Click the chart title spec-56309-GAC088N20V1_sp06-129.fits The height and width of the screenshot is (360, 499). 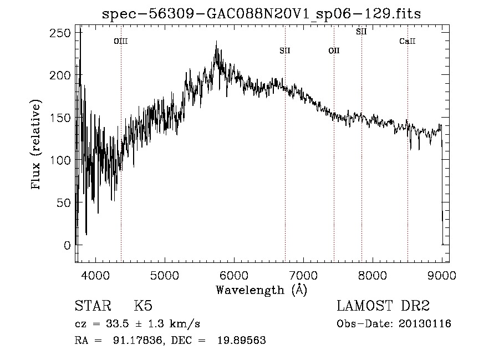point(262,14)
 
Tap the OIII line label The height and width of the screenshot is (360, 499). point(121,41)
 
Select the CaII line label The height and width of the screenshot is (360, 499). point(408,41)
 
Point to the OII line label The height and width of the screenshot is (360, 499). point(334,50)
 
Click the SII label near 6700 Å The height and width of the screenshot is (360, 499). point(285,50)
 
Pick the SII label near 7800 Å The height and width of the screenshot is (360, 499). point(361,32)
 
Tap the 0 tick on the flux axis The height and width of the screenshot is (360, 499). point(67,245)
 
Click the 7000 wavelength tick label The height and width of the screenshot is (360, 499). point(303,274)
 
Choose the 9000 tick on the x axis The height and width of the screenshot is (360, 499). point(442,274)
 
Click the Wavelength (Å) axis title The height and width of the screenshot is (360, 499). point(262,289)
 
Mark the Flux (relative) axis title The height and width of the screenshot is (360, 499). point(37,145)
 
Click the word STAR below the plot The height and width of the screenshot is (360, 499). point(93,306)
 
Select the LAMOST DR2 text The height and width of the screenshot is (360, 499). point(383,306)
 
